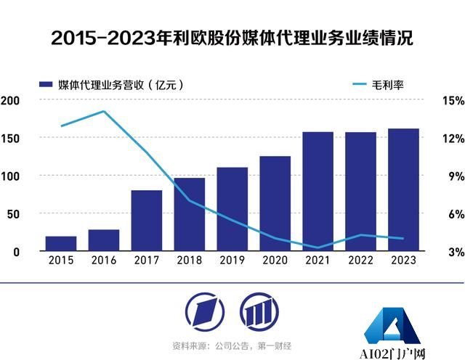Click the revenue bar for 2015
61,243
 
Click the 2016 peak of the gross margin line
104,111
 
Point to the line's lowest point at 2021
318,247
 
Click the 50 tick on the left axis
13,213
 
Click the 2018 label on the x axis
189,260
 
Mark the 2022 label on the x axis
360,260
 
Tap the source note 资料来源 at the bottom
231,345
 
